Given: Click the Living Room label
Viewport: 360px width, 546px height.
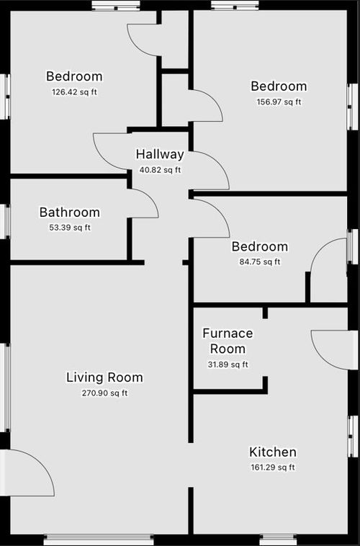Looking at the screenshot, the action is [104, 377].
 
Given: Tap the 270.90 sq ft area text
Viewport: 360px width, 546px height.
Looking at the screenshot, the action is [104, 393].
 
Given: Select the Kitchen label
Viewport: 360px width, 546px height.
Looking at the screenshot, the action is [273, 452].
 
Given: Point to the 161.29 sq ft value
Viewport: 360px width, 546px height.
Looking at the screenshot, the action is [273, 467].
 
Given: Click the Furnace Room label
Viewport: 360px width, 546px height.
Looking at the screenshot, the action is [228, 341].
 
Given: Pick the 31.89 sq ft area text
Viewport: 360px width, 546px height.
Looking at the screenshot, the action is [228, 364].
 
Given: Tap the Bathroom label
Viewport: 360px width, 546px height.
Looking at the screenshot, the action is [70, 212].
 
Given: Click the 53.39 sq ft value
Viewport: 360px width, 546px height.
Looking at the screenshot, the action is [70, 228].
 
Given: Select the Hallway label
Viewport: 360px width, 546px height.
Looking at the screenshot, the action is [160, 154].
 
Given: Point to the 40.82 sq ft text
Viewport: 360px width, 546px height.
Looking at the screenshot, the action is [160, 170].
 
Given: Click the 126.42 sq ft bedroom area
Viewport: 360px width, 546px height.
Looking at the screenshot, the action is [74, 92].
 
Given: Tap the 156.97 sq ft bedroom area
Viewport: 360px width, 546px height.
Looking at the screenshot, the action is [279, 102].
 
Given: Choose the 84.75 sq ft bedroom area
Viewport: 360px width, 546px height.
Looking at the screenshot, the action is [260, 262].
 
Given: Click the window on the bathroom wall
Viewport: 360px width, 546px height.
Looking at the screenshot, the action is [5, 222].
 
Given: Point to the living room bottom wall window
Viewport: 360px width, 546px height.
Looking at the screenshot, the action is [99, 540].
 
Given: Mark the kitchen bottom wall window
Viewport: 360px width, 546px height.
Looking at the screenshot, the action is [279, 540].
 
